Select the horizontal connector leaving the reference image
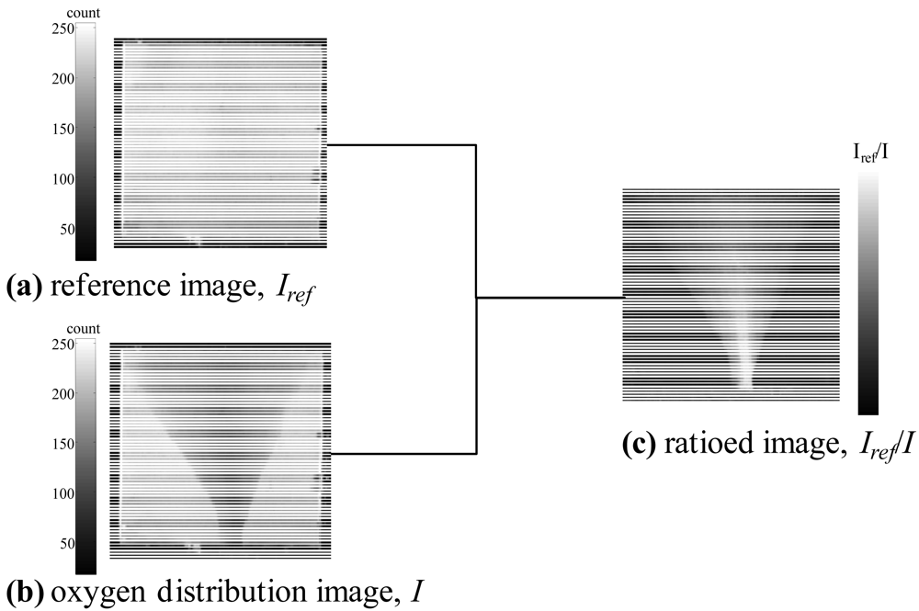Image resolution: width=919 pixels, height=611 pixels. click(x=402, y=145)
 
